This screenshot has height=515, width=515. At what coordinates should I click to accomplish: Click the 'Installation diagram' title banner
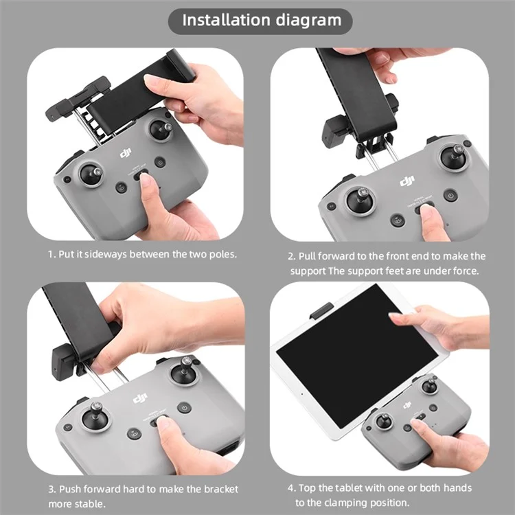pos(261,21)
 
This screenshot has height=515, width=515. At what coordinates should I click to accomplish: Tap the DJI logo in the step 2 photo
pos(408,181)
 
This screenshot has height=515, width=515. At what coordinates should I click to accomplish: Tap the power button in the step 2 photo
pos(450,196)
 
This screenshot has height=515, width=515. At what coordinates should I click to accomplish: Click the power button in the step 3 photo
pos(184,407)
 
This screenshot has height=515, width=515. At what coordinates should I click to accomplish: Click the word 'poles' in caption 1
pos(221,254)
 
